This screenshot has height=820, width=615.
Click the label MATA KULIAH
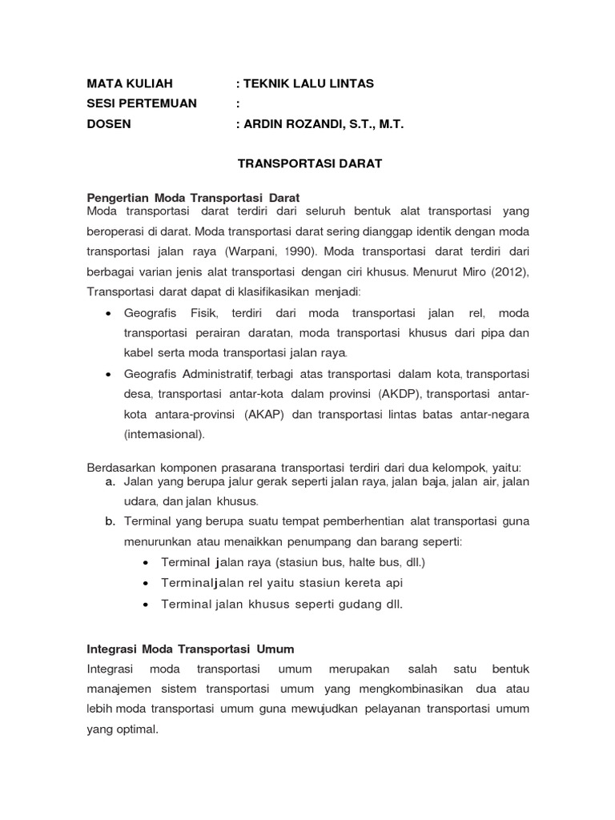tap(129, 83)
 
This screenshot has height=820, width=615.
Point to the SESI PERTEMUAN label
tap(141, 104)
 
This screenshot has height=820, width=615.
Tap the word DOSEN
tap(109, 125)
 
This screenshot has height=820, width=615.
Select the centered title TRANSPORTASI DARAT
tap(299, 164)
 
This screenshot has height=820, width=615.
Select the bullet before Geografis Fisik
tap(107, 313)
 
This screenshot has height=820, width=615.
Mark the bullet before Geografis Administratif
tap(107, 374)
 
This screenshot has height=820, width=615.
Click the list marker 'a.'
tap(111, 481)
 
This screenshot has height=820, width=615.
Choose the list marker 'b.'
tap(111, 521)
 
